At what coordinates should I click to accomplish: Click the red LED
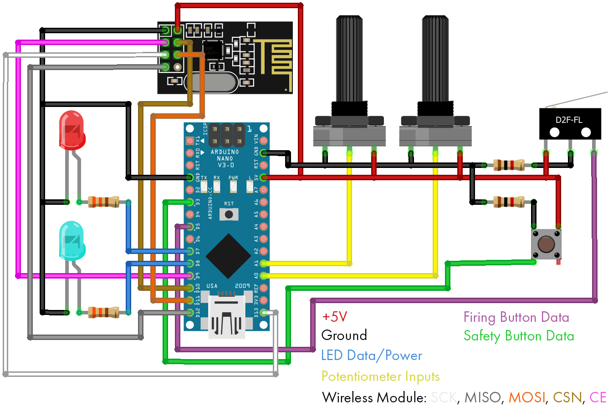pyautogui.click(x=72, y=130)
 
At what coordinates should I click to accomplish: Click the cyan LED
pyautogui.click(x=72, y=240)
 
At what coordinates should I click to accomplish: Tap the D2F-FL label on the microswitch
pyautogui.click(x=569, y=120)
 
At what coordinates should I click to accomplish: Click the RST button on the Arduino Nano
pyautogui.click(x=229, y=214)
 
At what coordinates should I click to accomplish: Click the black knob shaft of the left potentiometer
pyautogui.click(x=349, y=59)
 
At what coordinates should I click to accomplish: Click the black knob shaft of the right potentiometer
pyautogui.click(x=435, y=59)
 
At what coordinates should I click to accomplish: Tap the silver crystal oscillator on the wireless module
pyautogui.click(x=211, y=82)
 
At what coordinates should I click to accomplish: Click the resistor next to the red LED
pyautogui.click(x=103, y=202)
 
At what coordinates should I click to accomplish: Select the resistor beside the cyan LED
pyautogui.click(x=103, y=312)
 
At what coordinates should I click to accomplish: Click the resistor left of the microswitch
pyautogui.click(x=509, y=165)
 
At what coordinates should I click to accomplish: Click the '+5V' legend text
pyautogui.click(x=335, y=317)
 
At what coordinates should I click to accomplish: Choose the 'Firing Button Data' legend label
pyautogui.click(x=516, y=317)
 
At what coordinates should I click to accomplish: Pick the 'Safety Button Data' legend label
pyautogui.click(x=519, y=336)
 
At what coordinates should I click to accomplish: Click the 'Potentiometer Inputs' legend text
pyautogui.click(x=380, y=376)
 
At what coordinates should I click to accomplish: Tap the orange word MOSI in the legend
pyautogui.click(x=526, y=398)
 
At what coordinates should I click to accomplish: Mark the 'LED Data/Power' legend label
pyautogui.click(x=372, y=355)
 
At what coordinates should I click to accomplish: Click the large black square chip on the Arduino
pyautogui.click(x=228, y=256)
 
